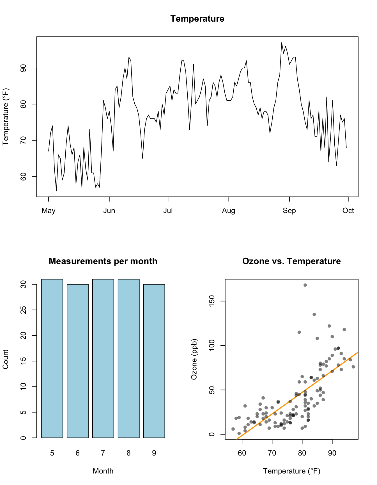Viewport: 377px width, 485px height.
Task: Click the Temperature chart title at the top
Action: pos(197,19)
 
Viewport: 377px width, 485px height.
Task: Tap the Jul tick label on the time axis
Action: pos(168,211)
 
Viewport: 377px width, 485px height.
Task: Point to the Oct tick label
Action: pos(348,211)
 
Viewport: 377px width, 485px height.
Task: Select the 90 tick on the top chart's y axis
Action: pos(24,68)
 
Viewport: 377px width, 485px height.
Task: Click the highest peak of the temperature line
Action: pos(282,43)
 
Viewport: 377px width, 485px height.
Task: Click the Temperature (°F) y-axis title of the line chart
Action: pos(6,117)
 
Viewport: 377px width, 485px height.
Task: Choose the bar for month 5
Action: pos(52,358)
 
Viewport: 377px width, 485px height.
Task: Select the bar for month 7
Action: pos(103,358)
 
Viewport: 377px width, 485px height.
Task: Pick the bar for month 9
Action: pos(154,361)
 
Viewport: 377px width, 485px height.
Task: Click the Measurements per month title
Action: pos(103,261)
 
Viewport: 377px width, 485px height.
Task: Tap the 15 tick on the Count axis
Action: pos(24,361)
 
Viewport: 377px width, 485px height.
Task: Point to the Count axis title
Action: pos(6,359)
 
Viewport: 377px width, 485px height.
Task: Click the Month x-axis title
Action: pos(103,471)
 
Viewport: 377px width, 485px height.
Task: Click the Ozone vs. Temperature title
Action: pos(291,261)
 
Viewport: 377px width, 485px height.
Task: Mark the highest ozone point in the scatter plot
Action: pos(305,285)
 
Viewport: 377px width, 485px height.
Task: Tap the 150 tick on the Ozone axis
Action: pos(212,301)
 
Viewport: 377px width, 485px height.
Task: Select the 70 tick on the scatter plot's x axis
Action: pos(272,453)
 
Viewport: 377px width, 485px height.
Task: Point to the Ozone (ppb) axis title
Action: pos(194,359)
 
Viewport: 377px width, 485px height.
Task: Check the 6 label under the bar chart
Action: pos(78,453)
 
